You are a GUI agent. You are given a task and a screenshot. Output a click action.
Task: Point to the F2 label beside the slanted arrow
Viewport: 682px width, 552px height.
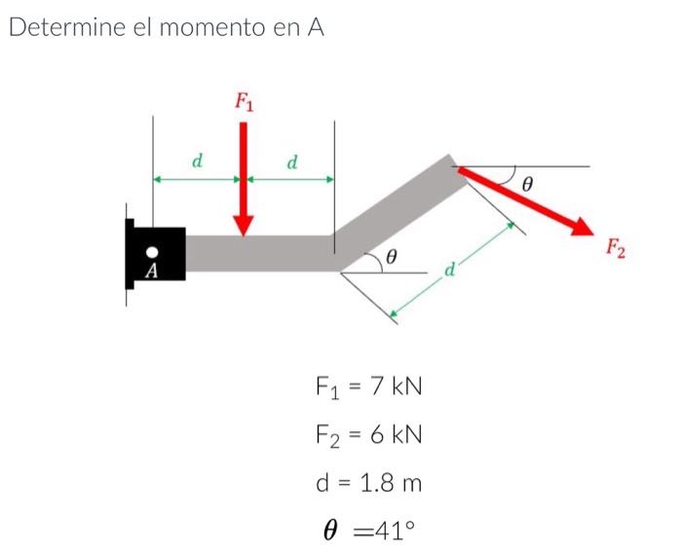tap(615, 248)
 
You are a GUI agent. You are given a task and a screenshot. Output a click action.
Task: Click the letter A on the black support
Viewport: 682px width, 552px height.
tap(151, 270)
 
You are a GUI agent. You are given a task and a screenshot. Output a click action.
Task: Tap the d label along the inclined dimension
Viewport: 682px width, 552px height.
tap(450, 268)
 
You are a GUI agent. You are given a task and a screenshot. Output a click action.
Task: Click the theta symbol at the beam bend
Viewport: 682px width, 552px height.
tap(391, 257)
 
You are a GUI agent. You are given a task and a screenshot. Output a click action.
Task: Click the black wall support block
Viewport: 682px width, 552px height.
tap(156, 255)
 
